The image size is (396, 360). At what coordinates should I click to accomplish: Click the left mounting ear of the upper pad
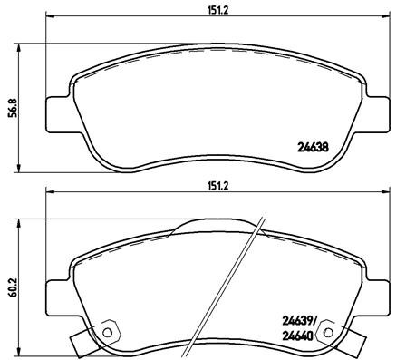click(56, 111)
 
